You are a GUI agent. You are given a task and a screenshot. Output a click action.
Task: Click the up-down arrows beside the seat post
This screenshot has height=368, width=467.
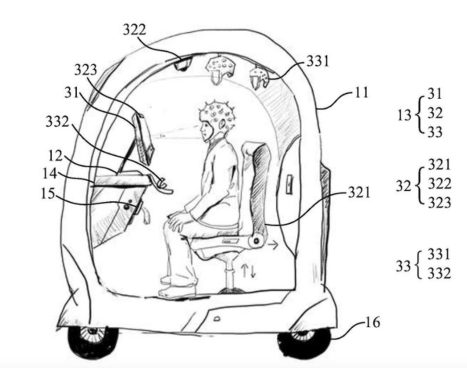pos(248,270)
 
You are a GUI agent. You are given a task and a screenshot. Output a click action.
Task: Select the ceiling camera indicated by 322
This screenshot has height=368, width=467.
pos(182,64)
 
